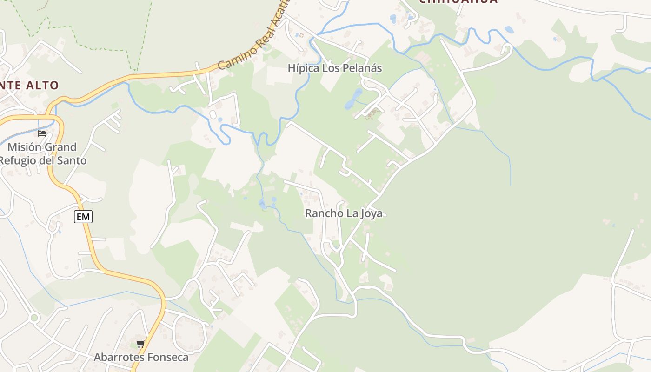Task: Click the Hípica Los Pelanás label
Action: (335, 68)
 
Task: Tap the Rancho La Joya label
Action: (344, 213)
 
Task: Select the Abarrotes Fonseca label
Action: (141, 357)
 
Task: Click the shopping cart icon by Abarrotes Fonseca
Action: (141, 344)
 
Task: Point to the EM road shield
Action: (83, 216)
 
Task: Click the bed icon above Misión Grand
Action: (42, 133)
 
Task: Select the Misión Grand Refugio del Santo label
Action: (43, 154)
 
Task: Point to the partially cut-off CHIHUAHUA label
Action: (458, 2)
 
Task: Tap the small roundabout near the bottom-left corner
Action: (33, 318)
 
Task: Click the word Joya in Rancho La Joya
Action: (371, 213)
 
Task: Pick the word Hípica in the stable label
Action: (303, 68)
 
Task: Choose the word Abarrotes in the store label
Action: (116, 357)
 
